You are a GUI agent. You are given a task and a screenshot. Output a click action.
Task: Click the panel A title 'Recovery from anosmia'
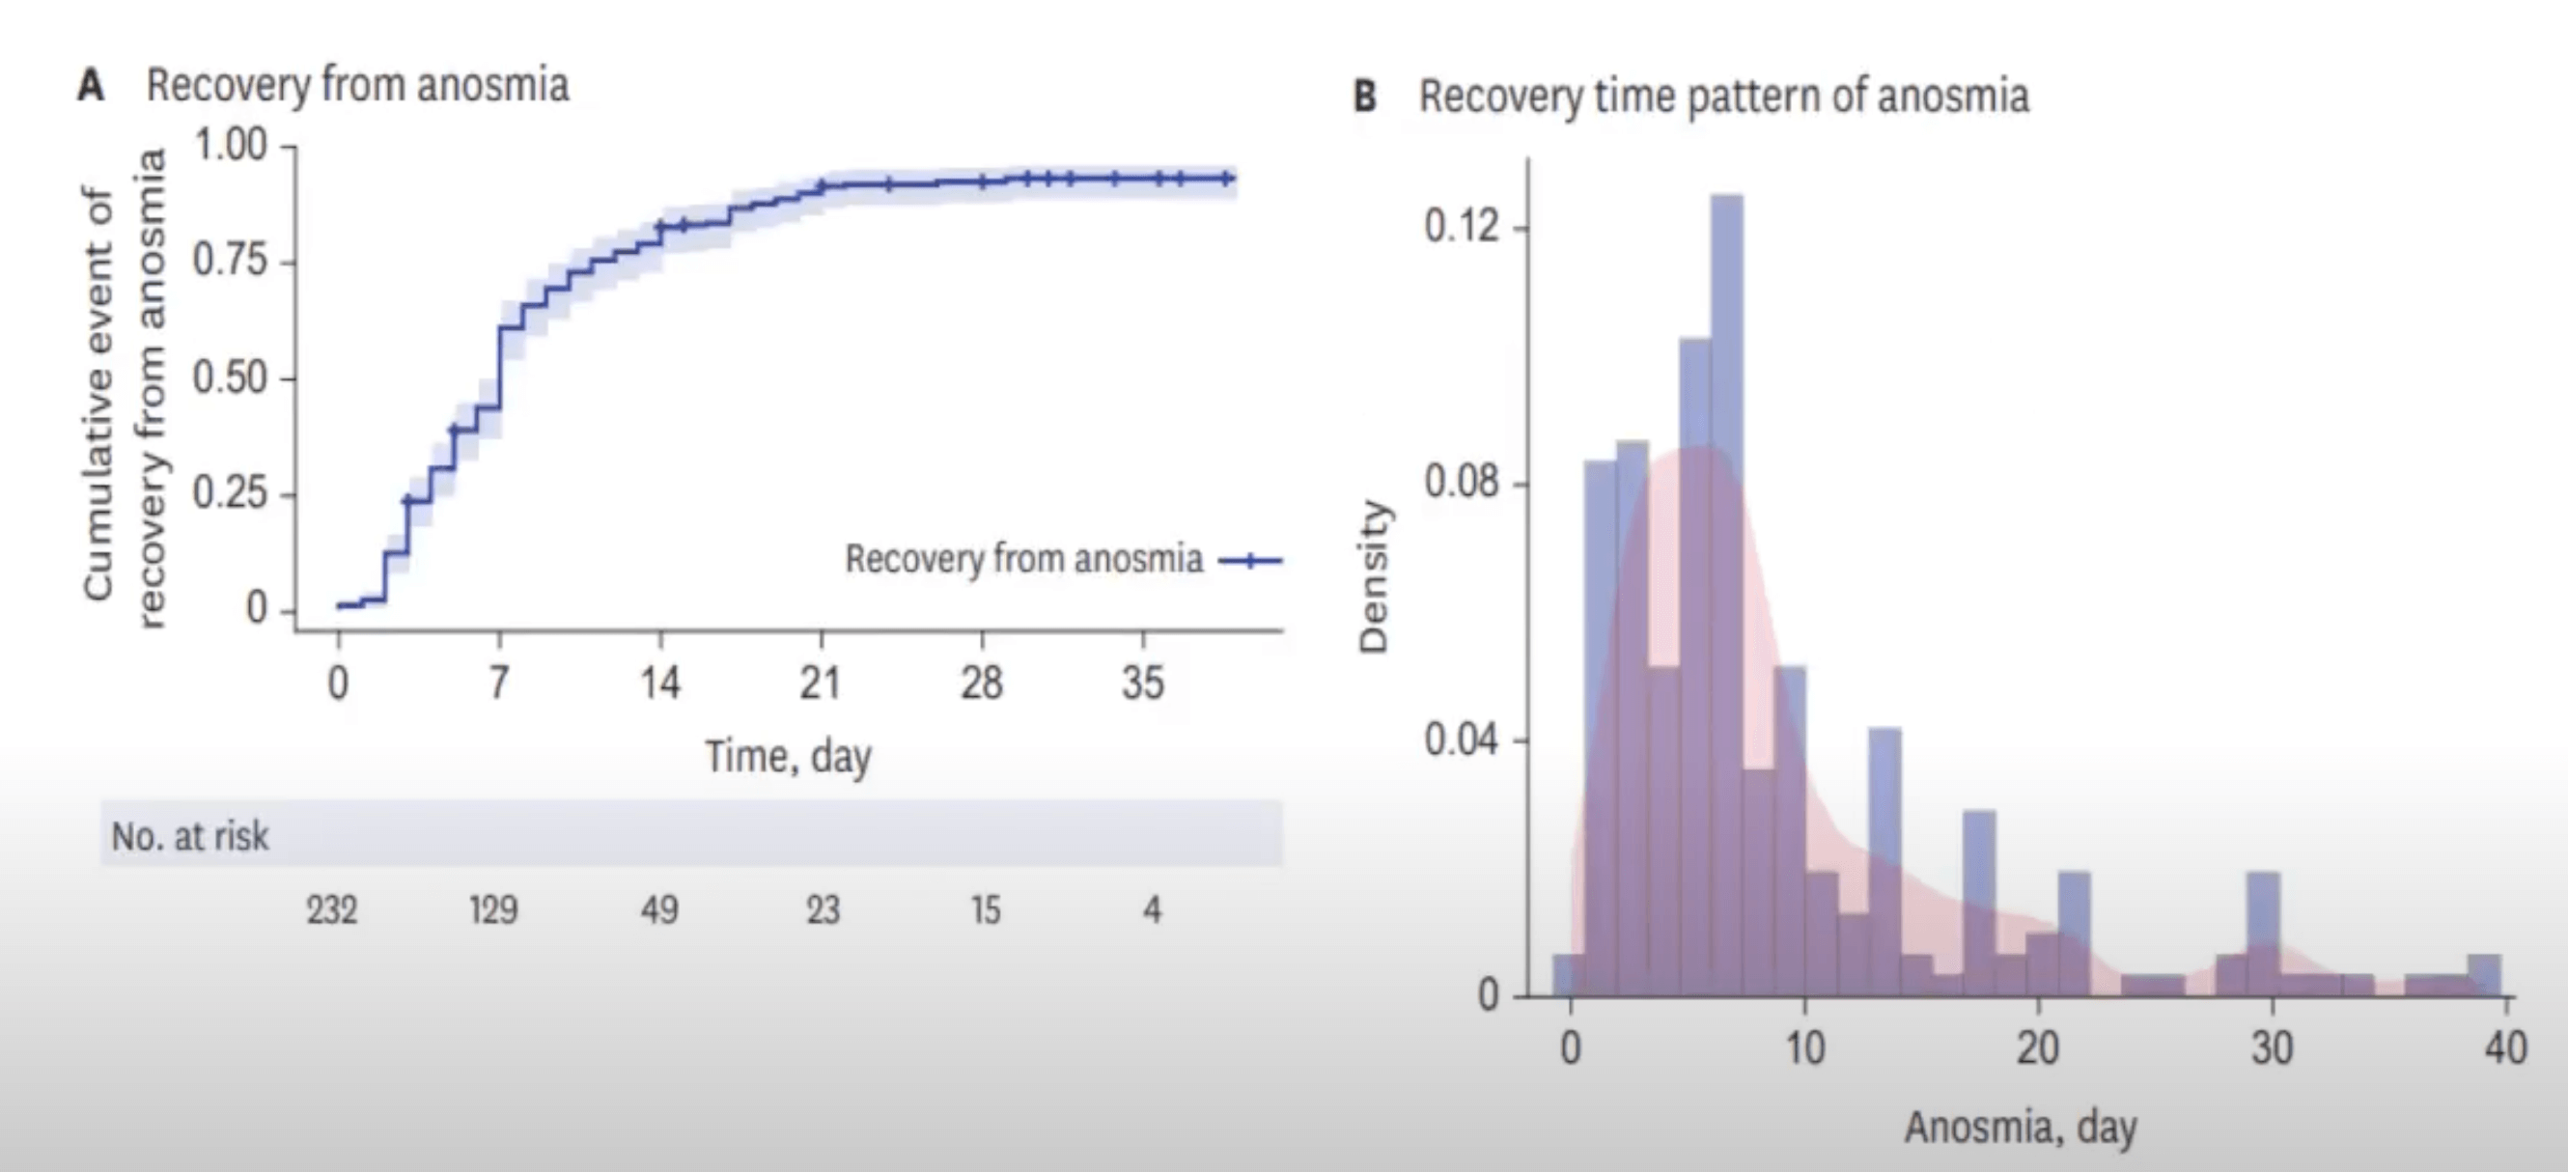[x=358, y=86]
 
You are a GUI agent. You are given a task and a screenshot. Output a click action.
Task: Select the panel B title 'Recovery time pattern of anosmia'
[x=1723, y=97]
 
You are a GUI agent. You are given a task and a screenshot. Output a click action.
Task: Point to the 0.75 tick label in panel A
[x=231, y=261]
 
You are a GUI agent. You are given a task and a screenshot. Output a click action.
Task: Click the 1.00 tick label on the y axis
[x=231, y=146]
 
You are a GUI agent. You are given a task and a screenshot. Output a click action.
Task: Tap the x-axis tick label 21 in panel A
[x=820, y=684]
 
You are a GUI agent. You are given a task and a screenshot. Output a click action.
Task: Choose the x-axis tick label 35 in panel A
[x=1142, y=684]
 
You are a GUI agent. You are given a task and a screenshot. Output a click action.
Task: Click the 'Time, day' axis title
[x=789, y=758]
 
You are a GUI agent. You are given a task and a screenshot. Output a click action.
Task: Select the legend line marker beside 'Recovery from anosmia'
[x=1250, y=561]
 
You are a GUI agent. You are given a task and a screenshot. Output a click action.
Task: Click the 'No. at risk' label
[x=189, y=836]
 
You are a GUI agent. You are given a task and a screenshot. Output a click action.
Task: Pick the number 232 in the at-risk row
[x=331, y=910]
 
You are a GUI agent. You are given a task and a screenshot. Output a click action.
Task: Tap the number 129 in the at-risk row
[x=493, y=910]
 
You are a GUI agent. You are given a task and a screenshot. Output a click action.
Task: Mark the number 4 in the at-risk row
[x=1153, y=910]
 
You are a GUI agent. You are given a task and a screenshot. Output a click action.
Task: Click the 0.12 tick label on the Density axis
[x=1461, y=227]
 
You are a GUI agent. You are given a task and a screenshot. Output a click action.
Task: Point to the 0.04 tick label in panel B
[x=1461, y=740]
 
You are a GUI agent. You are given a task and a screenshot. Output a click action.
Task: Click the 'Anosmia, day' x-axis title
[x=2021, y=1129]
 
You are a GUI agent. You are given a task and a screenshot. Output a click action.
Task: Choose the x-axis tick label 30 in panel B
[x=2272, y=1048]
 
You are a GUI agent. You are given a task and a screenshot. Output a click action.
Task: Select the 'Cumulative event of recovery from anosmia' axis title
[x=124, y=389]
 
